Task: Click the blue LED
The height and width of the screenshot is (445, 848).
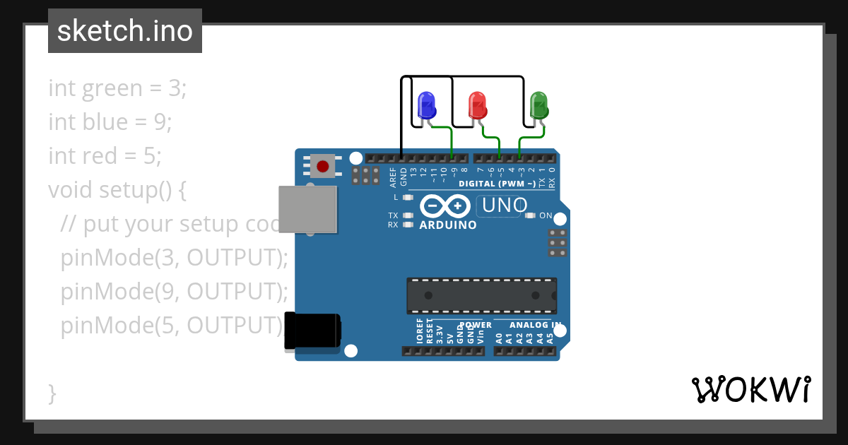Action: pos(426,105)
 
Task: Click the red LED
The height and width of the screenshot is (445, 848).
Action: pos(478,105)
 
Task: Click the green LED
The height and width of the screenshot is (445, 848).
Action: pos(538,105)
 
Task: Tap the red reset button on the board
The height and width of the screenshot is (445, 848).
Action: pos(323,167)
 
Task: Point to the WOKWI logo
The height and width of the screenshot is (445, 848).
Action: pos(750,389)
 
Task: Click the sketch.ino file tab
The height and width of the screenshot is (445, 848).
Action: pos(125,31)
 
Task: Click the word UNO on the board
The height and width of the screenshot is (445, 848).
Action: pos(504,206)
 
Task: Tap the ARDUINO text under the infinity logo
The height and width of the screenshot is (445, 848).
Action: pos(448,225)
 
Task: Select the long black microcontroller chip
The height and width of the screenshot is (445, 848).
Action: pos(481,295)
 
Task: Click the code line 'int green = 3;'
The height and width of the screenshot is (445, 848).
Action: pos(117,88)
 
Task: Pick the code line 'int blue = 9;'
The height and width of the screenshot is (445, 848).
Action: pos(110,122)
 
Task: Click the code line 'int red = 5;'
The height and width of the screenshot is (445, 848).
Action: pos(105,155)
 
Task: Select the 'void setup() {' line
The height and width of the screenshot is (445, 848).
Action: pos(117,189)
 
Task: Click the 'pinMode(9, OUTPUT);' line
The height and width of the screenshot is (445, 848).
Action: pos(174,291)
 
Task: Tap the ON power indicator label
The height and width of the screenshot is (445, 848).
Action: pos(546,215)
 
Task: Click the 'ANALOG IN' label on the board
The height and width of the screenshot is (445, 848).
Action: pos(536,325)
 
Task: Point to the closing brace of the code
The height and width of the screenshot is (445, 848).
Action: pos(52,393)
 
